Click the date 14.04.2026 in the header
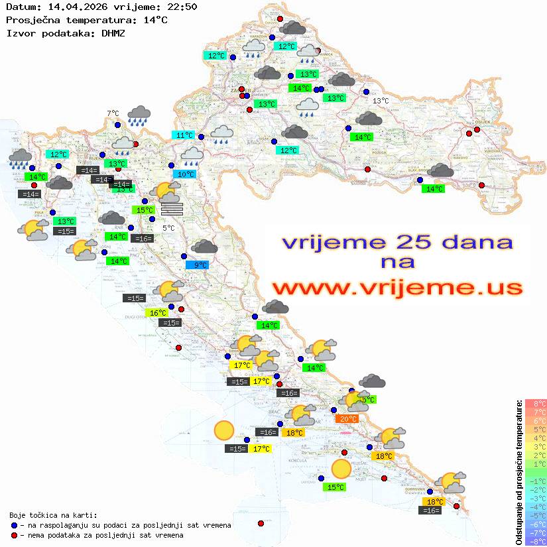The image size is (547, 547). [x=72, y=7]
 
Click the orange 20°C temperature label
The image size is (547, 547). [x=347, y=418]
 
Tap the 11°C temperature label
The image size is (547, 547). [x=184, y=135]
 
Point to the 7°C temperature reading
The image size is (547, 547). [x=113, y=114]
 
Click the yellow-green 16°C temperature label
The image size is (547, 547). [x=158, y=313]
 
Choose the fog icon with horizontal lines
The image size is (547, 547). [x=172, y=209]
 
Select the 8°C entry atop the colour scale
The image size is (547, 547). [x=536, y=404]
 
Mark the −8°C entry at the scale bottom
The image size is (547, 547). [x=536, y=541]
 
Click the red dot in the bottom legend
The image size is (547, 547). [x=14, y=534]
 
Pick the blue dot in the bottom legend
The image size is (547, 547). [x=14, y=525]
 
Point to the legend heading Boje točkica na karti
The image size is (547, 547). [x=53, y=515]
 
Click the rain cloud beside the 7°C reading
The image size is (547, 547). [x=139, y=115]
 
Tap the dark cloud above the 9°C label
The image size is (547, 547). [x=204, y=247]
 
